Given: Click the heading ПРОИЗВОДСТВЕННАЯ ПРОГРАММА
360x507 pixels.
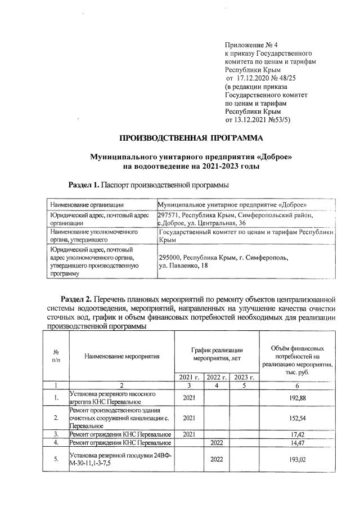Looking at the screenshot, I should tap(191, 137).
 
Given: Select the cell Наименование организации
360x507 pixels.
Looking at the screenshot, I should tap(87, 204).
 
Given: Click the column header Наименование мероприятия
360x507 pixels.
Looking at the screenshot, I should tap(122, 356).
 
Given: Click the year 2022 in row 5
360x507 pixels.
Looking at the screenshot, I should tap(217, 459).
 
